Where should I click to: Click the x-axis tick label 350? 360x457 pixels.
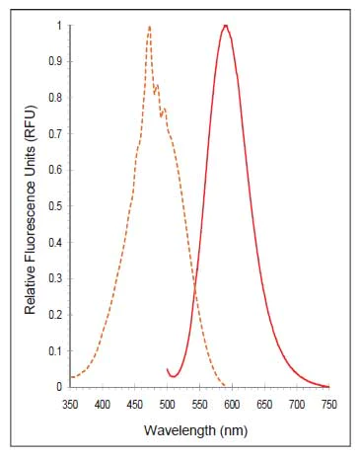point(70,404)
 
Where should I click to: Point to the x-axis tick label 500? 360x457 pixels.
point(168,404)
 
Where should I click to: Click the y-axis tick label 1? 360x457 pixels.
point(58,25)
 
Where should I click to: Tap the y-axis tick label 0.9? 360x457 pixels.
point(54,61)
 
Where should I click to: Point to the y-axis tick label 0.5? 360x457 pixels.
point(54,206)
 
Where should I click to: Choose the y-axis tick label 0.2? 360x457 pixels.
point(54,315)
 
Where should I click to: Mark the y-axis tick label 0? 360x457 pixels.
point(58,387)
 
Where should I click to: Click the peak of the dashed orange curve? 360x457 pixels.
point(149,27)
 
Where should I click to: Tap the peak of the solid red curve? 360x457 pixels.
point(226,26)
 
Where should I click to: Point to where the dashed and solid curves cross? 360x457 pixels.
point(195,286)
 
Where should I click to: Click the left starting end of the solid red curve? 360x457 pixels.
point(168,368)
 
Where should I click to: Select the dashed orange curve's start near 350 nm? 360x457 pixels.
point(71,377)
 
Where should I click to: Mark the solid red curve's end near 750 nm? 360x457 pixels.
point(328,386)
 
